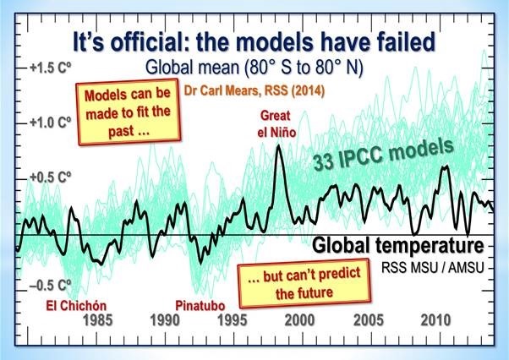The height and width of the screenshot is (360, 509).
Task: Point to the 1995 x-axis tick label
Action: click(x=230, y=322)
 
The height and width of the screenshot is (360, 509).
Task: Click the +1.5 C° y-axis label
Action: click(x=52, y=68)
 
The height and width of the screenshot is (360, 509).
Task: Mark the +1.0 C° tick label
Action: click(x=52, y=123)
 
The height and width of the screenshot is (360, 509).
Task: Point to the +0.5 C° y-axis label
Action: click(x=52, y=177)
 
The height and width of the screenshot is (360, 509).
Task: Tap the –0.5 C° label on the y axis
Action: click(x=52, y=285)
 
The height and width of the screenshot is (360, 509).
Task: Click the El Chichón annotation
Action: click(x=51, y=304)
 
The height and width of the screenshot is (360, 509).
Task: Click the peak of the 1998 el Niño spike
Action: click(x=279, y=145)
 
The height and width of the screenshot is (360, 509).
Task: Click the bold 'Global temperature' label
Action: click(x=397, y=246)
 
